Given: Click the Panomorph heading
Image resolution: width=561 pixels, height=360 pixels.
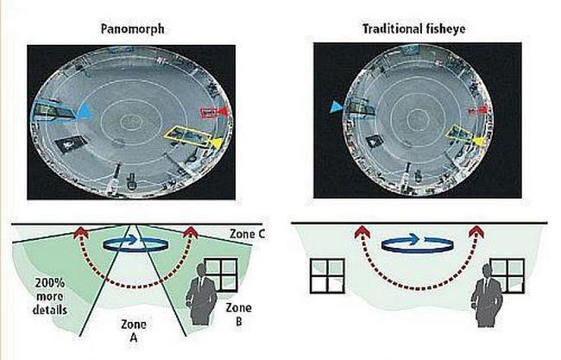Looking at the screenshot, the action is click(132, 28).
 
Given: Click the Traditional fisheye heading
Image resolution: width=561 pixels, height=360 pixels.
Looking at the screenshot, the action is click(414, 28).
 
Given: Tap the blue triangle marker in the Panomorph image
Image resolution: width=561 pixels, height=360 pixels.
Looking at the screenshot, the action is click(85, 111).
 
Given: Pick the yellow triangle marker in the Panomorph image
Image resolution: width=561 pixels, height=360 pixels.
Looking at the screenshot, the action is click(216, 142).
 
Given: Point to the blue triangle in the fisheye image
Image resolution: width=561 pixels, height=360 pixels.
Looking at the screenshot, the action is click(337, 107).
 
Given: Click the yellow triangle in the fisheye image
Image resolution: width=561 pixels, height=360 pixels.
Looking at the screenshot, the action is click(479, 141).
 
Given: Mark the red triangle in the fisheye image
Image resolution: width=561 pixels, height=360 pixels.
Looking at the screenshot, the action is click(483, 109).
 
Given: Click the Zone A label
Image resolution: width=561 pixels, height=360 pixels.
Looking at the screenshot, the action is click(133, 331).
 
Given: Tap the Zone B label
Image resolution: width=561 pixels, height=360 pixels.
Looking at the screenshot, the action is click(238, 314).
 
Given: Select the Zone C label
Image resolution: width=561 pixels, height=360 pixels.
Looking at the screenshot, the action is click(247, 234).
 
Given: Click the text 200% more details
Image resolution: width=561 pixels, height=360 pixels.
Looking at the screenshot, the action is click(50, 296).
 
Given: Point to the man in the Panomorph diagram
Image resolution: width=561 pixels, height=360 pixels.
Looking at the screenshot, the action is click(201, 294).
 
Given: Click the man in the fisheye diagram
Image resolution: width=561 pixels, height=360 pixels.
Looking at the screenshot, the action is click(486, 295).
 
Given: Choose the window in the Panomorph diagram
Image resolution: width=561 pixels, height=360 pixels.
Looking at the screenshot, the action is click(221, 275).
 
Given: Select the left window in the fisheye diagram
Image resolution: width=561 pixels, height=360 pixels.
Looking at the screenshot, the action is click(327, 276).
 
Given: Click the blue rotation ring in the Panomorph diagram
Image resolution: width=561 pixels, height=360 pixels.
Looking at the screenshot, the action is click(136, 249).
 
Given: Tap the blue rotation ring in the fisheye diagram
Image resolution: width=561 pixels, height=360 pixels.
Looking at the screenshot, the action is click(418, 251).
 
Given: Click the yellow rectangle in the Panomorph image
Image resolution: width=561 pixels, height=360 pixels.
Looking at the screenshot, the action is click(186, 136).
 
